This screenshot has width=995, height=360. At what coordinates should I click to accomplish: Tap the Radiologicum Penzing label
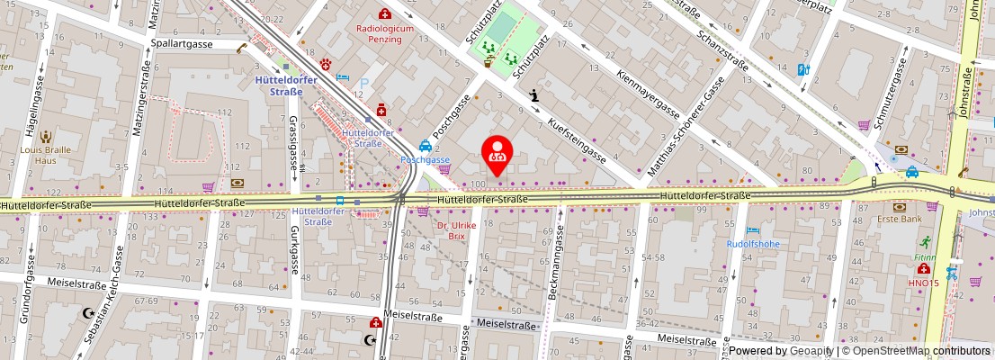pyautogui.click(x=385, y=34)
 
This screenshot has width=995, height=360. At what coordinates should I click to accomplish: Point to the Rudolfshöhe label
pyautogui.click(x=754, y=243)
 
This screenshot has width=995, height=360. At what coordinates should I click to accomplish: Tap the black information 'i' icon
pyautogui.click(x=534, y=94)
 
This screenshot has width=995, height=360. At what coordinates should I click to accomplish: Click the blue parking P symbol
pyautogui.click(x=364, y=84)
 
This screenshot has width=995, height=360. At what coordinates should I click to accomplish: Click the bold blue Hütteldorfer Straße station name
pyautogui.click(x=278, y=85)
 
